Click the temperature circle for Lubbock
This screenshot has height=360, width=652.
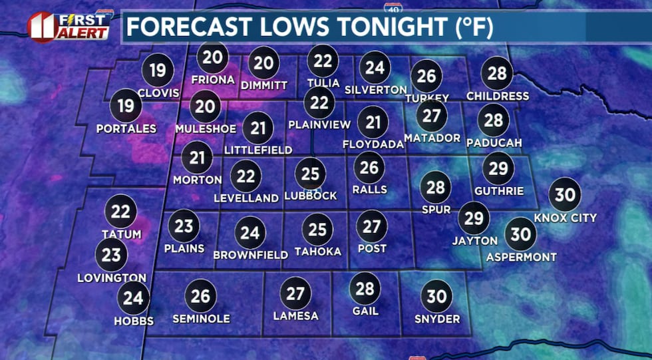310,174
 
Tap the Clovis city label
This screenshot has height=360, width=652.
158,93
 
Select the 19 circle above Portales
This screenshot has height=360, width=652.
126,106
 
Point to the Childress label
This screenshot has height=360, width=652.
498,96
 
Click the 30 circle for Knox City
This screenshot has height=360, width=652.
565,195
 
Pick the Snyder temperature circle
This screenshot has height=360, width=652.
436,296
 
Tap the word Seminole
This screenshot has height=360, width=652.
201,319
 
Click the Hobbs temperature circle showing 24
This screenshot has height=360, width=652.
133,298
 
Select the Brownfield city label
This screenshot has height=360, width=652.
250,255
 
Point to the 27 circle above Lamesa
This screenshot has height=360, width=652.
295,293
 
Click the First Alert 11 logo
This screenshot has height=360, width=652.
69,26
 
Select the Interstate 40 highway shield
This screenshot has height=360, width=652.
392,8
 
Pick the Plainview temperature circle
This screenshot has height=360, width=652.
320,102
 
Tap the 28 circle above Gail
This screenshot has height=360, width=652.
365,288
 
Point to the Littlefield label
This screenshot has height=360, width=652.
258,150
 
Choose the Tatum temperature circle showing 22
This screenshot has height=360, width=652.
121,212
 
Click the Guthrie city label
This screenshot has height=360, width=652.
498,191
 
